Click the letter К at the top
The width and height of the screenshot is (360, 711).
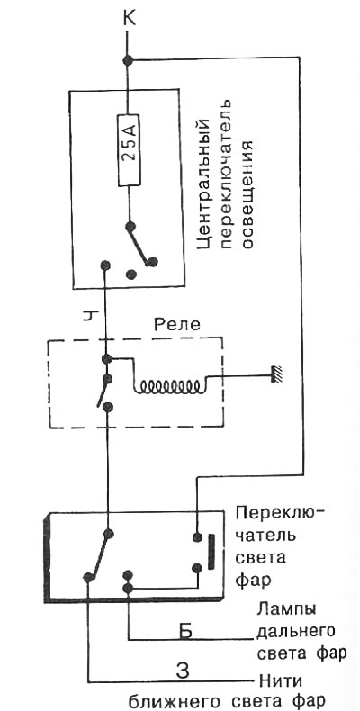coord(128,20)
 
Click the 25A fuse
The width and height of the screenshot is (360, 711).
coord(130,150)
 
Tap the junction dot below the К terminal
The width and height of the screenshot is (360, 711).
coord(128,59)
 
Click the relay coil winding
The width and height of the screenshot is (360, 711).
coord(170,386)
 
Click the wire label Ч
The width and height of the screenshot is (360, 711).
coord(89,314)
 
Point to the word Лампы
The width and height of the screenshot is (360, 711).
coord(285,609)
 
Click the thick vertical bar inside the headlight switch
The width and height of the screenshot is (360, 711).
coord(211,552)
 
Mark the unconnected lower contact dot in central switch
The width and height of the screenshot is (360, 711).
coord(132,274)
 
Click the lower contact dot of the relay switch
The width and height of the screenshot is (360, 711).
coord(107,407)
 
